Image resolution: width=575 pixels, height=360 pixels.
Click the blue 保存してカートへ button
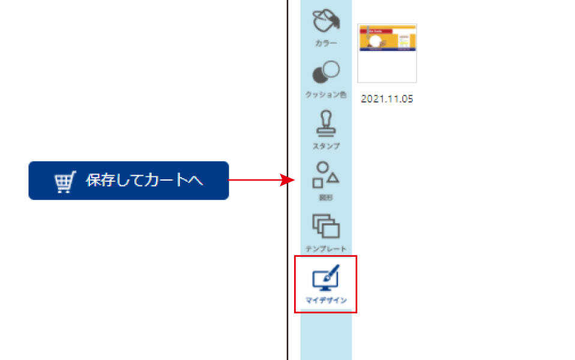pos(128,181)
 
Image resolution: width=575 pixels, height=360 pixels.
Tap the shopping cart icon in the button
pos(65,182)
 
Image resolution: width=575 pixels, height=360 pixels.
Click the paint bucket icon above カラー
pos(326,22)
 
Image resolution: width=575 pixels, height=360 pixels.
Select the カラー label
pos(326,44)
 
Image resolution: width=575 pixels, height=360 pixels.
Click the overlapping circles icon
pos(326,73)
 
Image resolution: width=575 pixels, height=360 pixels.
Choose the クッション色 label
pos(326,95)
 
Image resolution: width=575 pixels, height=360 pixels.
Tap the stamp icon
pos(326,124)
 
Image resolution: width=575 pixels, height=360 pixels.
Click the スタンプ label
pos(326,146)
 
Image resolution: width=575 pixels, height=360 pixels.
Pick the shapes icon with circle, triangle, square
pos(326,175)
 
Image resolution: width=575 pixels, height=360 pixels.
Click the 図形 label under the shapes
pos(326,197)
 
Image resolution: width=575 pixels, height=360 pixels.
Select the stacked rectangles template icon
pos(326,226)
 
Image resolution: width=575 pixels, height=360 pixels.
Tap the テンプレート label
pos(326,248)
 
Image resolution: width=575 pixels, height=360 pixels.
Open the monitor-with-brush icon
pos(326,278)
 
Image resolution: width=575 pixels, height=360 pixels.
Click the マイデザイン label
pos(326,300)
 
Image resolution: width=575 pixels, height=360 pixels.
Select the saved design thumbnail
pos(387,53)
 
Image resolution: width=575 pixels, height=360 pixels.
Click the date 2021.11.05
pos(387,99)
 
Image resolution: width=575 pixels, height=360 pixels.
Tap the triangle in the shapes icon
pos(333,178)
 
